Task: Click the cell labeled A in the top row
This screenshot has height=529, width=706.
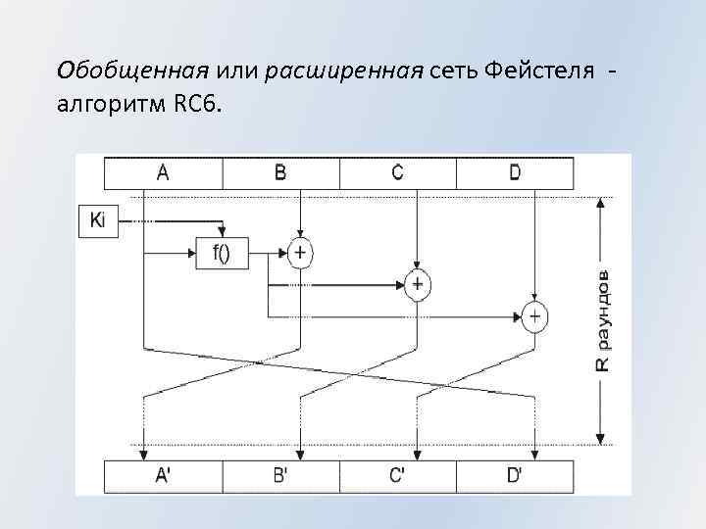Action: pos(163,173)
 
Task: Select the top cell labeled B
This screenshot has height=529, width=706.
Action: pos(280,173)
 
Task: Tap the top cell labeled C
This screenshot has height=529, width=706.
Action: pos(397,173)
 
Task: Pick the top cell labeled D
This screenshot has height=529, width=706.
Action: pos(515,173)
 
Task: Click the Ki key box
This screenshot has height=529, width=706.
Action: pos(97,220)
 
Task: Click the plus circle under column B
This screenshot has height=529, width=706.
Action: pos(299,253)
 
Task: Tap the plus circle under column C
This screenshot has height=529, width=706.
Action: pos(418,284)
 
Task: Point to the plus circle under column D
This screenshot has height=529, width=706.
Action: pos(534,316)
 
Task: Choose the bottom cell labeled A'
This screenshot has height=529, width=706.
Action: pos(163,477)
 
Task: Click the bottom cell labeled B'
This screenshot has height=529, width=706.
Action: pos(280,477)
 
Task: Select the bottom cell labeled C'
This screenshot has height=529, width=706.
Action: pos(397,477)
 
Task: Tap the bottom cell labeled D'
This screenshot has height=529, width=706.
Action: pos(515,477)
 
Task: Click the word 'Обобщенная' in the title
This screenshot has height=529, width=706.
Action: pos(132,71)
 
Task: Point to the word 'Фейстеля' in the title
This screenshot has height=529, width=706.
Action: pos(538,71)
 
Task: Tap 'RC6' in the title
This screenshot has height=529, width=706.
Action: pos(194,102)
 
